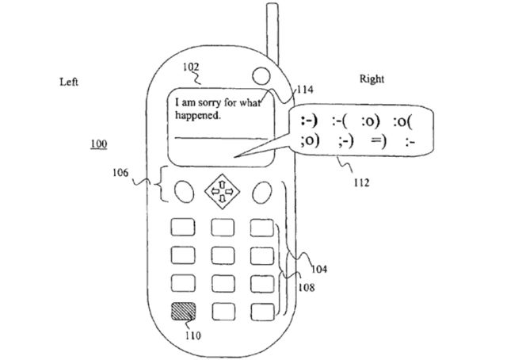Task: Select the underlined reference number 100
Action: click(101, 144)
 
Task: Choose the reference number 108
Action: click(304, 289)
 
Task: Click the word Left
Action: click(69, 82)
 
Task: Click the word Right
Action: click(372, 80)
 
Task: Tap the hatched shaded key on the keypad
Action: click(183, 308)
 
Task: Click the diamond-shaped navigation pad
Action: click(222, 191)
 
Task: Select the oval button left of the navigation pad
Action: click(183, 191)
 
